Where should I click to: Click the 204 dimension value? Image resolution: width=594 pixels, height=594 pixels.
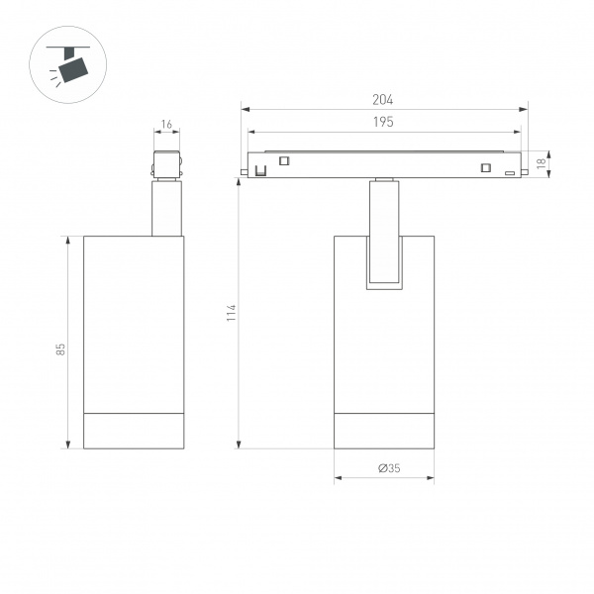382,100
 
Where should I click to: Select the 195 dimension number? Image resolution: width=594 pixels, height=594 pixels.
383,122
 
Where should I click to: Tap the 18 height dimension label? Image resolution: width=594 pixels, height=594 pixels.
542,163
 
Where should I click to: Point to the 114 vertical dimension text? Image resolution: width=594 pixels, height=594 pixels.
231,313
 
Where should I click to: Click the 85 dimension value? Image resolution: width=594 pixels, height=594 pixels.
60,349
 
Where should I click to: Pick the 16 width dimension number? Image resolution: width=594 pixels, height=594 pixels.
166,125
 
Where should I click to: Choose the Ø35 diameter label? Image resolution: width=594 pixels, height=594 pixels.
389,468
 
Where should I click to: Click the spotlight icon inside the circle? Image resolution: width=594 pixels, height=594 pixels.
68,64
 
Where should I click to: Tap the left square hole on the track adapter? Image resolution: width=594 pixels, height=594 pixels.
284,160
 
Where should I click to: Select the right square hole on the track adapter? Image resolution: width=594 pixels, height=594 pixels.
486,167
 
